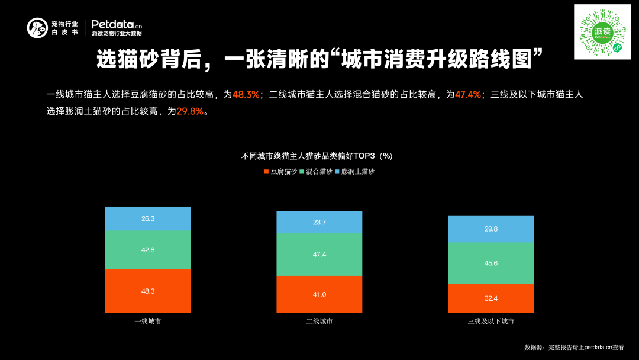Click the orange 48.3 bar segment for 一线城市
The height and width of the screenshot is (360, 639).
pyautogui.click(x=148, y=291)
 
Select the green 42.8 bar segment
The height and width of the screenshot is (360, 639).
pyautogui.click(x=148, y=250)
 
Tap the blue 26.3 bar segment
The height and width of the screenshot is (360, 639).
pyautogui.click(x=148, y=218)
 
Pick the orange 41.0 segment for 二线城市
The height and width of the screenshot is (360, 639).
pyautogui.click(x=319, y=294)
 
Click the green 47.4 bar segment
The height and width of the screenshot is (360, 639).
pyautogui.click(x=319, y=254)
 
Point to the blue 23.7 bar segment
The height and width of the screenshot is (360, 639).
pyautogui.click(x=319, y=222)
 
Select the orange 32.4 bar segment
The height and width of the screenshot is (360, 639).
pyautogui.click(x=491, y=298)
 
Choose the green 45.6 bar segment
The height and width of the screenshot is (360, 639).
pyautogui.click(x=491, y=263)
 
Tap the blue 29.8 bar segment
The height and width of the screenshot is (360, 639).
pyautogui.click(x=491, y=229)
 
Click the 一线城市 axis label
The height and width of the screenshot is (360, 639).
pyautogui.click(x=148, y=321)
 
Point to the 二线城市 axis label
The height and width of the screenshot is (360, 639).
pyautogui.click(x=319, y=321)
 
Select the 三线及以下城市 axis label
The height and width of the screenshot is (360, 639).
pyautogui.click(x=491, y=321)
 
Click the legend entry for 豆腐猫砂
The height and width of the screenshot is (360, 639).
pyautogui.click(x=280, y=172)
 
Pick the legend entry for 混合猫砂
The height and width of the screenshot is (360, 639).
pyautogui.click(x=316, y=172)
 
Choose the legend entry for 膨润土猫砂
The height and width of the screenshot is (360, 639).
pyautogui.click(x=355, y=172)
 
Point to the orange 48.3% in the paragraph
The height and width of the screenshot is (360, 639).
pyautogui.click(x=246, y=94)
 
